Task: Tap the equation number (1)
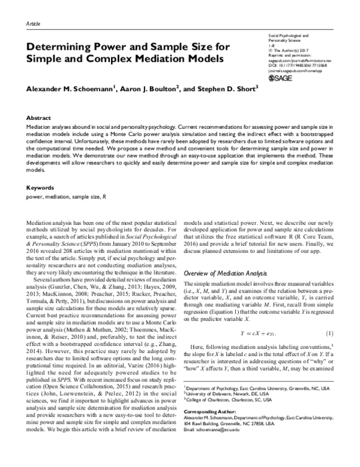pos(329,333)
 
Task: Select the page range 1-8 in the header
pos(271,44)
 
